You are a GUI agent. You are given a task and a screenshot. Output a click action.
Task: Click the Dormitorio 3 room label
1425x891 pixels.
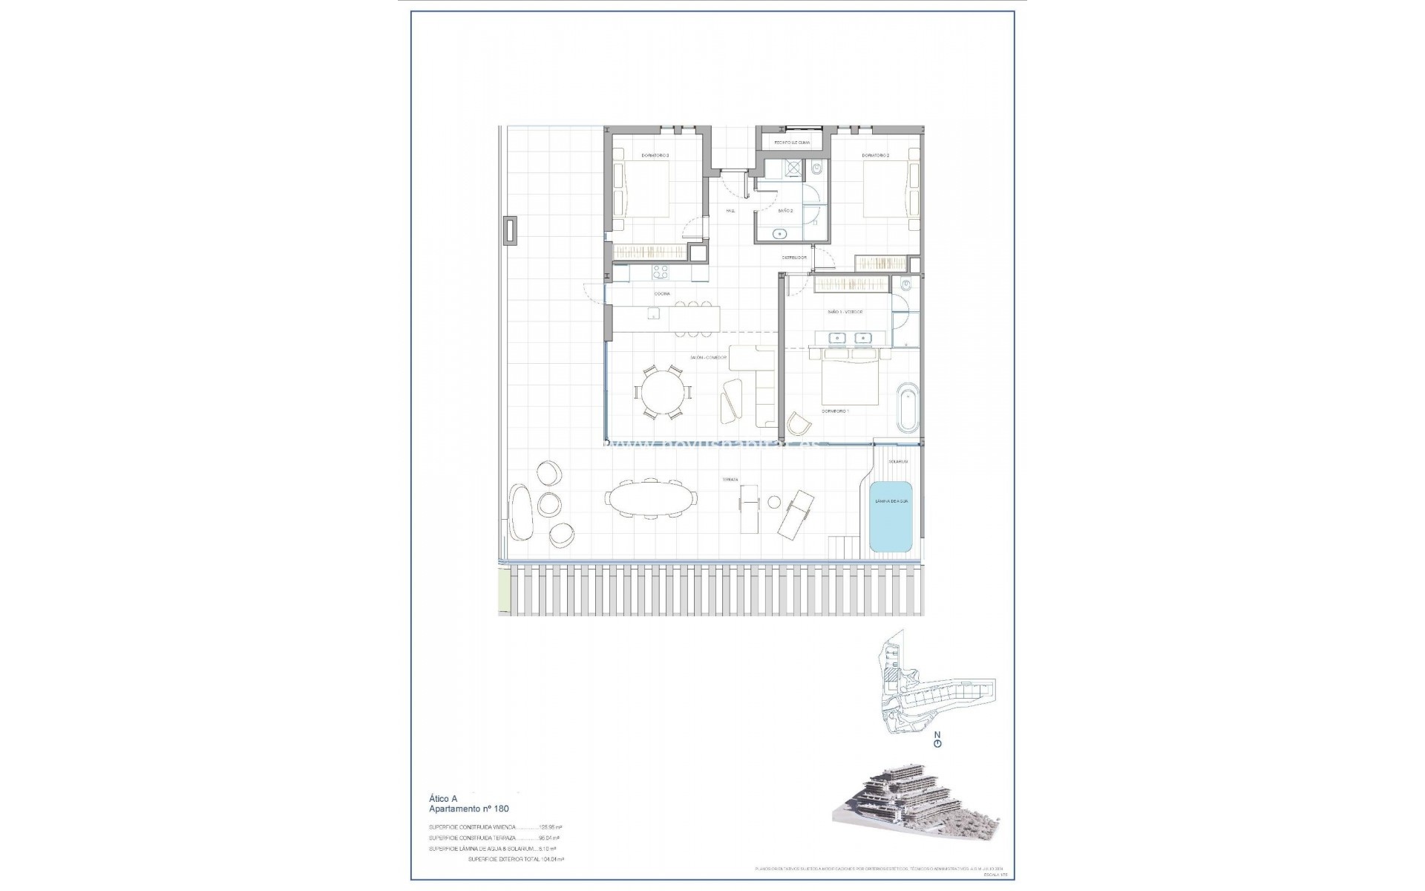point(655,155)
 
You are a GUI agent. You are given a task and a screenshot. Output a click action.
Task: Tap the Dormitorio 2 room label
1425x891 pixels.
point(875,155)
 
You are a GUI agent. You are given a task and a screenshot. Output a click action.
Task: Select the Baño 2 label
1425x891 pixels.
point(785,211)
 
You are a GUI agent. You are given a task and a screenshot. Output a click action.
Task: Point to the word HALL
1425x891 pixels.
point(730,211)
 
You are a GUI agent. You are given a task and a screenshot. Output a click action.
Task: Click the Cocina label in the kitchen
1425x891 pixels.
point(662,294)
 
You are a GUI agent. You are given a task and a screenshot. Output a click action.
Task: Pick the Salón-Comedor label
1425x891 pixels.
point(708,357)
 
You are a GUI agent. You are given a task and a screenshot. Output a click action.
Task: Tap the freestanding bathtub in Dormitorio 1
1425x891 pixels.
point(908,407)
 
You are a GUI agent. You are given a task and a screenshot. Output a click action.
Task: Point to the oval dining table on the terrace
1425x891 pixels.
point(651,498)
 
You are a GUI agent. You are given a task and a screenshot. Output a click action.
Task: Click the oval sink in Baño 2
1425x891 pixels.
point(780,235)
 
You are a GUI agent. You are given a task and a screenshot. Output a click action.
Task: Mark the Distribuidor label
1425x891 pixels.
point(793,258)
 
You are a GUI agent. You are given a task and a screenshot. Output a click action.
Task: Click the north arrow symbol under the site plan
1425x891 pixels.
point(937,740)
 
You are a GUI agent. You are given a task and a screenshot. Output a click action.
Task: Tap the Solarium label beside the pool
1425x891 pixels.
point(898,461)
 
